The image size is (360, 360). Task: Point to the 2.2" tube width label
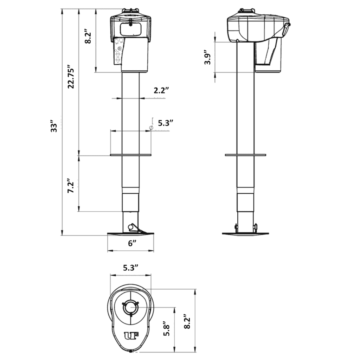coord(161,90)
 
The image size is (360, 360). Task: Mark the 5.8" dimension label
coord(167,330)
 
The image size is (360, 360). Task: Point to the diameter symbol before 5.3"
coord(151,128)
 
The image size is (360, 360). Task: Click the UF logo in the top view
coord(131,335)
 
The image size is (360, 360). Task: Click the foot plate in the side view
coord(246,234)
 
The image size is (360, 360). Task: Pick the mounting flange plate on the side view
coord(245,155)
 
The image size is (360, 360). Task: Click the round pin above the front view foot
coord(132,227)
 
